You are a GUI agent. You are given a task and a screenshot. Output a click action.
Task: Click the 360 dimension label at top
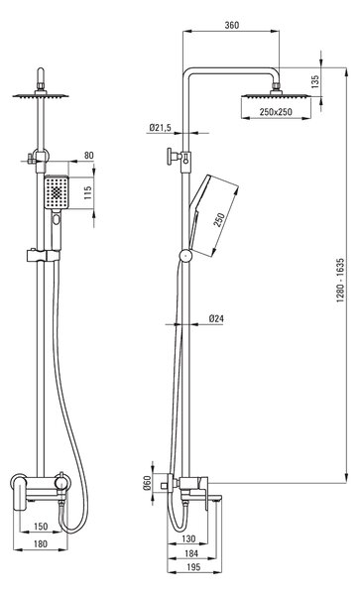pyautogui.click(x=232, y=25)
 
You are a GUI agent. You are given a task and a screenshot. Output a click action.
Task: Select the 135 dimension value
pyautogui.click(x=315, y=81)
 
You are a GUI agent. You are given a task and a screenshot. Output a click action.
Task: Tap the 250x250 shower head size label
pyautogui.click(x=276, y=112)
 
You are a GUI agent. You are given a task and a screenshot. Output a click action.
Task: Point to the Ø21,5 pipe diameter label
pyautogui.click(x=160, y=128)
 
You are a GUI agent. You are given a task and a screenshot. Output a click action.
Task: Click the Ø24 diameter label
pyautogui.click(x=216, y=318)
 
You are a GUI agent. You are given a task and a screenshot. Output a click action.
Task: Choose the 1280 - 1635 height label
pyautogui.click(x=340, y=280)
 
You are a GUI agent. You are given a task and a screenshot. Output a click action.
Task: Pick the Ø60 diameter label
pyautogui.click(x=147, y=482)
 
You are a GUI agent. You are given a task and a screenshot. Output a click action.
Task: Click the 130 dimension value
pyautogui.click(x=188, y=538)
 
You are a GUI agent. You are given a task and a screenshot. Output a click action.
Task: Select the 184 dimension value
pyautogui.click(x=191, y=553)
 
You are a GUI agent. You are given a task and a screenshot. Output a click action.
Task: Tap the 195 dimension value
pyautogui.click(x=193, y=567)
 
